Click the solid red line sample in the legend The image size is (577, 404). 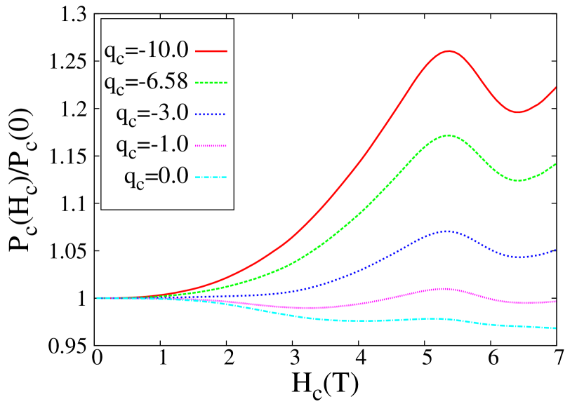pyautogui.click(x=211, y=51)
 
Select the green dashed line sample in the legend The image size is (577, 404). pyautogui.click(x=211, y=83)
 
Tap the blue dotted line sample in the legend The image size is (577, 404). pyautogui.click(x=211, y=114)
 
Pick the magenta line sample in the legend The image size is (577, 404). pyautogui.click(x=211, y=146)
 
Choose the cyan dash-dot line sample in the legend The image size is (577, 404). pyautogui.click(x=211, y=177)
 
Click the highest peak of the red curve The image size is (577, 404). pyautogui.click(x=447, y=50)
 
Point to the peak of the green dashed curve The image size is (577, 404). pyautogui.click(x=447, y=135)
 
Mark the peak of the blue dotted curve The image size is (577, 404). pyautogui.click(x=446, y=231)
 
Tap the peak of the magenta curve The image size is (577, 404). pyautogui.click(x=444, y=288)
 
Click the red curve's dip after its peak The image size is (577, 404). pyautogui.click(x=517, y=112)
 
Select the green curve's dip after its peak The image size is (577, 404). pyautogui.click(x=517, y=180)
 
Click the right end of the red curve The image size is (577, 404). pyautogui.click(x=555, y=88)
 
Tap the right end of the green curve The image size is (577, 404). pyautogui.click(x=555, y=164)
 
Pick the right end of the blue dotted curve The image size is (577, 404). pyautogui.click(x=555, y=250)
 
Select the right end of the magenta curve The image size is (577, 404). pyautogui.click(x=555, y=302)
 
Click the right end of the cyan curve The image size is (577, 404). pyautogui.click(x=555, y=328)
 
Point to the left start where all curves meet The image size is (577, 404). pyautogui.click(x=98, y=298)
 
